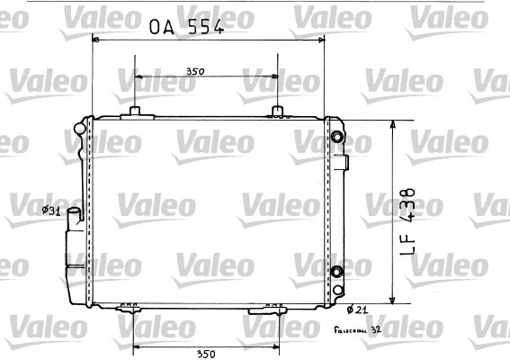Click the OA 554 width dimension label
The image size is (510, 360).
pos(186,27)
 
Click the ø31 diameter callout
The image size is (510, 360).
pos(51,211)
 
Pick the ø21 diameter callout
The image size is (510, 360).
pos(356,310)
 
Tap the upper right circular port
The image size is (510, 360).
pos(337,138)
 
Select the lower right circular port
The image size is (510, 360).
pos(337,272)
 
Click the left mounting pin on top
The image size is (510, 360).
pos(135,111)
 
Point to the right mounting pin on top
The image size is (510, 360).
pos(278,111)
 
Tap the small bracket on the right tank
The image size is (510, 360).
pos(344,163)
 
